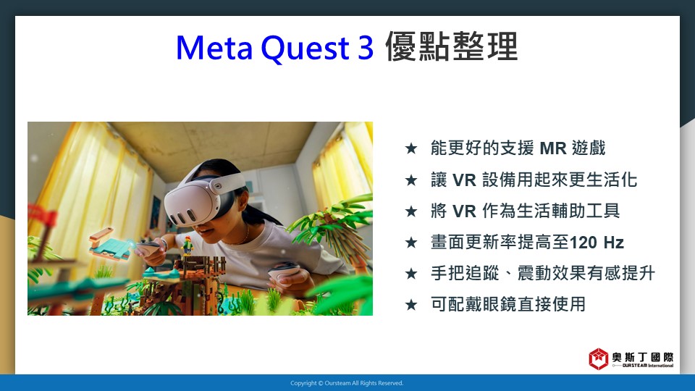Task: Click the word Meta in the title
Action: click(214, 47)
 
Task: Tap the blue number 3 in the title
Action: click(365, 47)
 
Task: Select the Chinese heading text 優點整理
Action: click(452, 46)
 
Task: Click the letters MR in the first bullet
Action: click(553, 148)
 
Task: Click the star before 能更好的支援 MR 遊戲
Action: click(411, 148)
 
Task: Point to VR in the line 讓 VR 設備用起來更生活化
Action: click(464, 180)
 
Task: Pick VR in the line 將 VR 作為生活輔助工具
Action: click(464, 211)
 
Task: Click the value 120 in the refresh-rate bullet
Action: click(584, 243)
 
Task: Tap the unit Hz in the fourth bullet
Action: click(613, 243)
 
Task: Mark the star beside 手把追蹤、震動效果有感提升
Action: click(411, 274)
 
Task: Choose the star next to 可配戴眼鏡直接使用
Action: click(411, 305)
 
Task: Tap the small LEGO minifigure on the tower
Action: click(188, 245)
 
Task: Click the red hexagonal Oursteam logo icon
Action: click(599, 358)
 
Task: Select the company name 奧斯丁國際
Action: click(643, 357)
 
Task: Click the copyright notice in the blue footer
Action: click(347, 383)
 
